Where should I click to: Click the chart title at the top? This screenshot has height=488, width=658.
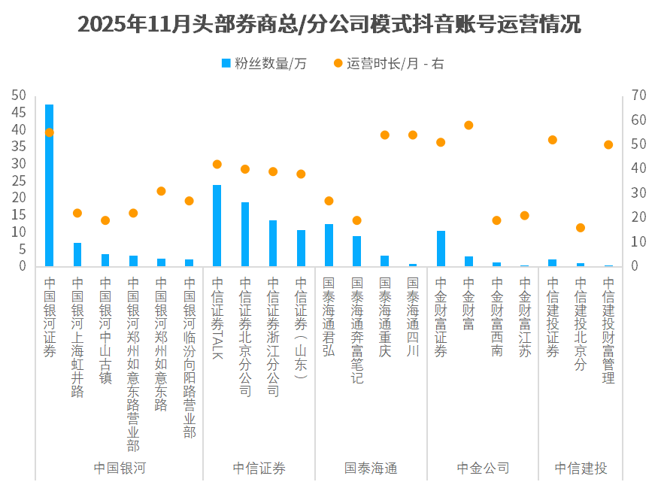click(x=329, y=24)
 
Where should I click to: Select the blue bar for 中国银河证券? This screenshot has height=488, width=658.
click(x=49, y=185)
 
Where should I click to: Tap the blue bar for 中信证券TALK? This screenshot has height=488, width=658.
click(x=217, y=226)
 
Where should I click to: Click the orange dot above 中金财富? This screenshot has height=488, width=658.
click(x=468, y=126)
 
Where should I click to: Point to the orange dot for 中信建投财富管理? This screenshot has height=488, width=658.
click(x=608, y=144)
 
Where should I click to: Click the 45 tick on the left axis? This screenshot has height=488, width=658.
click(x=19, y=113)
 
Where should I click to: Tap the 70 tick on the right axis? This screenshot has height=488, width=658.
click(x=639, y=95)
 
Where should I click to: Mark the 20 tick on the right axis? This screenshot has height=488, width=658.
click(x=639, y=217)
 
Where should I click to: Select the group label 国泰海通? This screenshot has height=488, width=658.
click(x=371, y=468)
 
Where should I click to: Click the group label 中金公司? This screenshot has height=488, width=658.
click(x=483, y=468)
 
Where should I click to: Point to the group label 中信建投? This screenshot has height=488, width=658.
click(x=581, y=468)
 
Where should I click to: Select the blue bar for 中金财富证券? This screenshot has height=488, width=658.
click(x=441, y=248)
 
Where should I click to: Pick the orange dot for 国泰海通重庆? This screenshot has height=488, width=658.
click(x=384, y=135)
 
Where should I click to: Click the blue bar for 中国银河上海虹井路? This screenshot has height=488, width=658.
click(x=77, y=254)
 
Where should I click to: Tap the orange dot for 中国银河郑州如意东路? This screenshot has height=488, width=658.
click(x=161, y=191)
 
